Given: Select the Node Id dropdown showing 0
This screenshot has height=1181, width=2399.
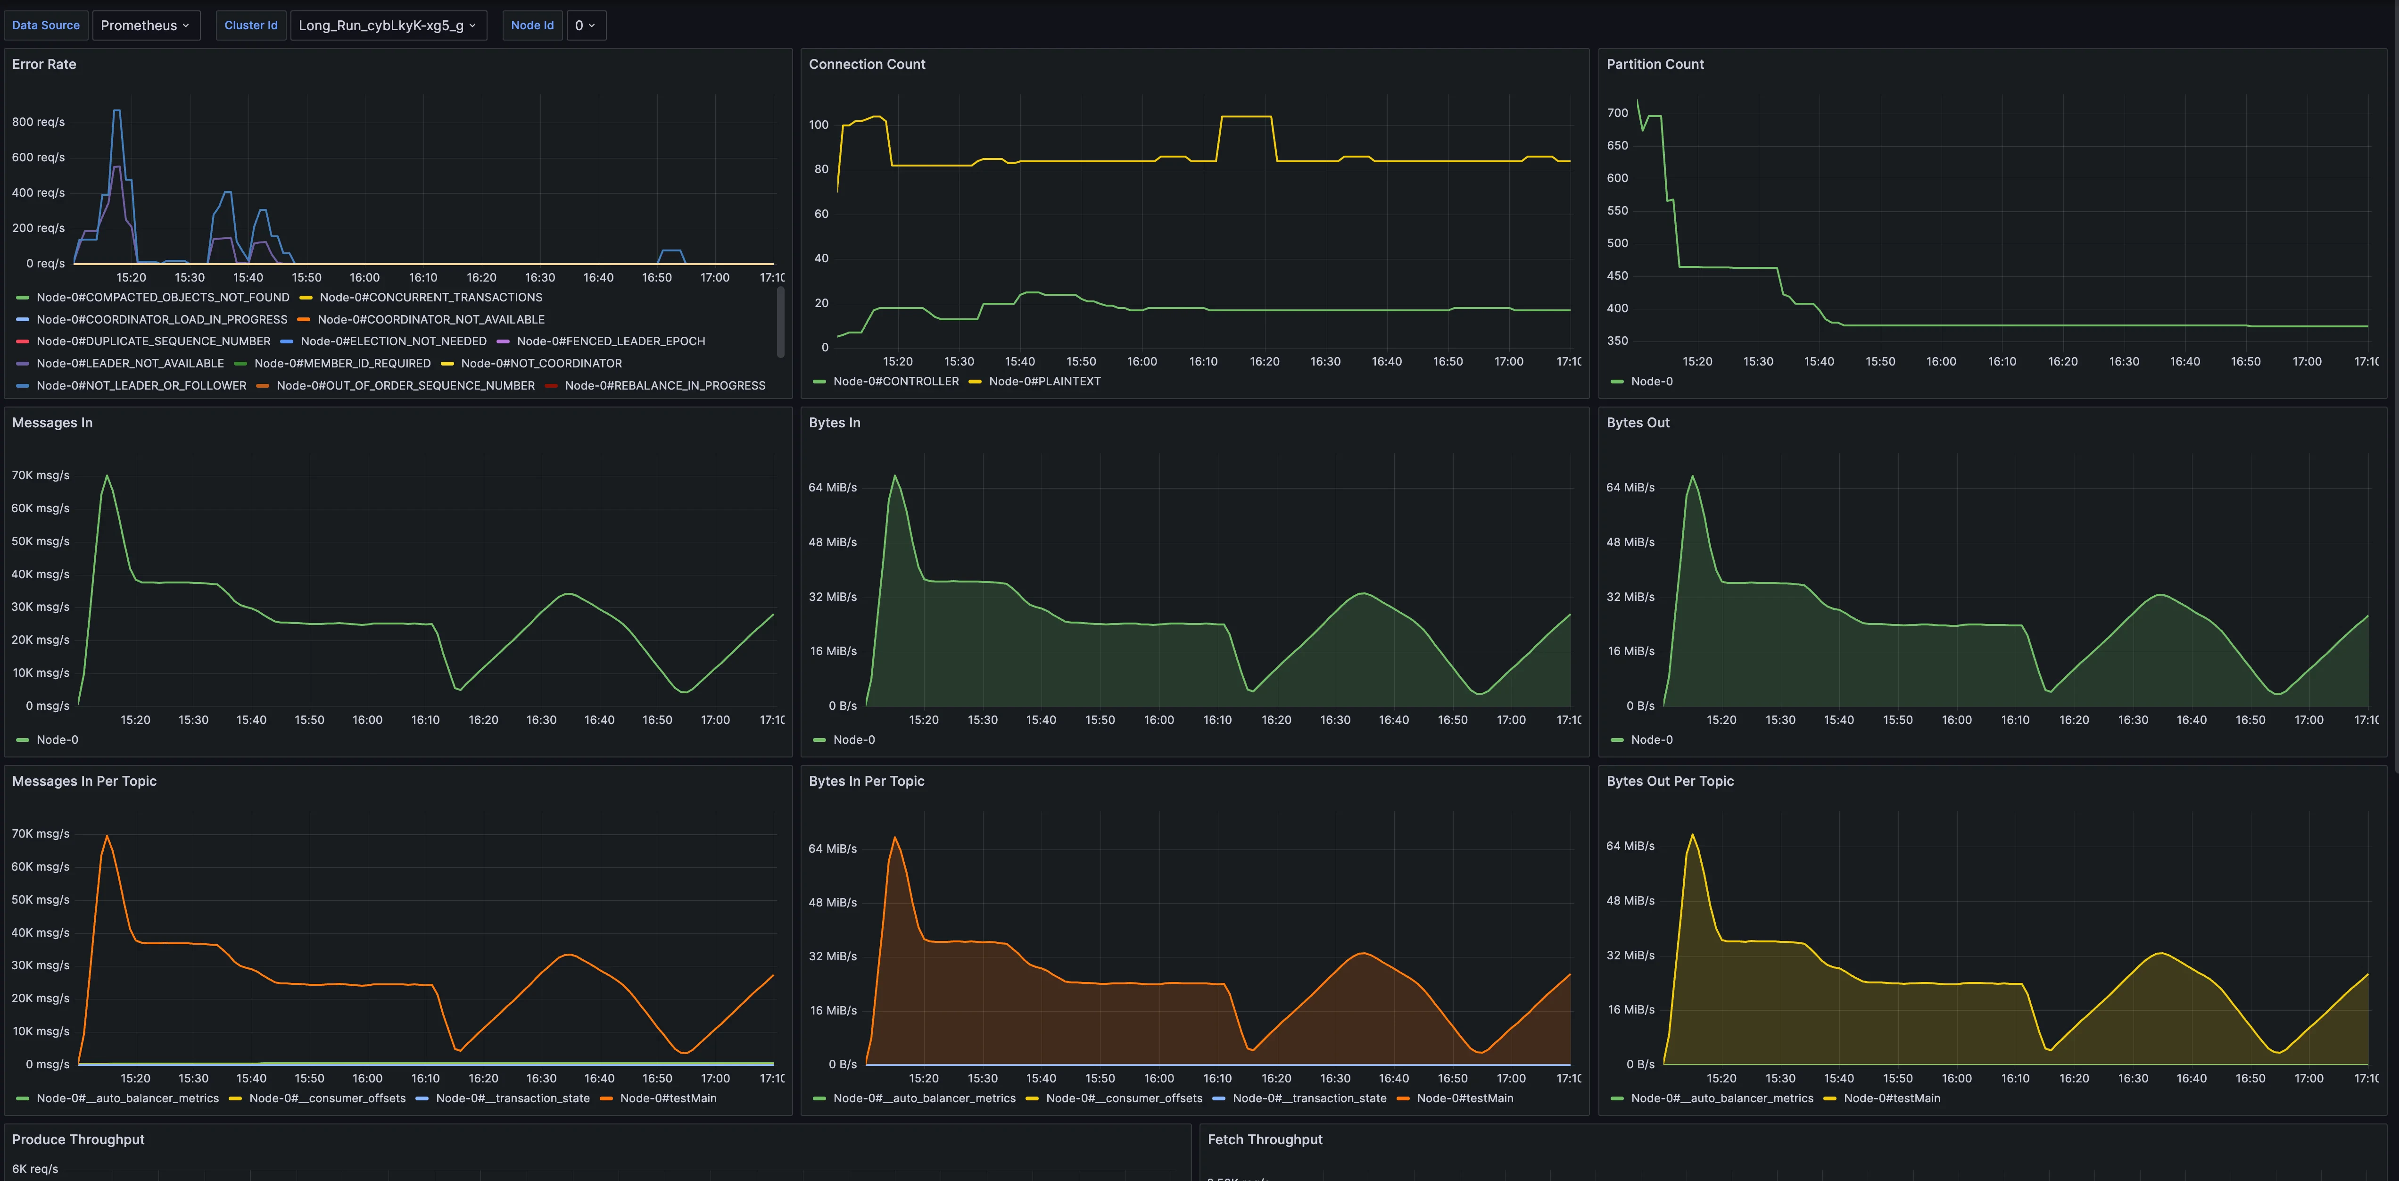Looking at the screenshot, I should tap(585, 25).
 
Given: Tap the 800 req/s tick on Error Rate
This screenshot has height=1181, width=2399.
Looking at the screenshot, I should tap(38, 122).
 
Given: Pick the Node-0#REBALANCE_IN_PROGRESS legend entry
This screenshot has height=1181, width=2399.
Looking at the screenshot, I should tap(664, 386).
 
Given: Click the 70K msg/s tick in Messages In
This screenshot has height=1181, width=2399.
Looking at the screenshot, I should tap(40, 475).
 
